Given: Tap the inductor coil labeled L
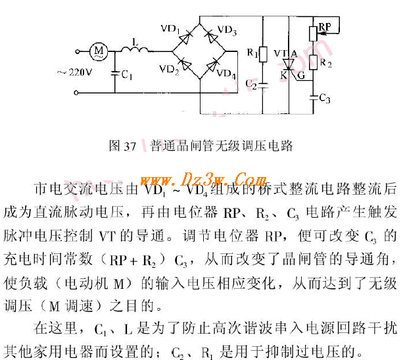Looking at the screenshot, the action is tap(135, 49).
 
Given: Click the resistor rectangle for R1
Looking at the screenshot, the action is tap(263, 53).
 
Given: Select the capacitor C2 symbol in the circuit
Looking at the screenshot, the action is tap(262, 84).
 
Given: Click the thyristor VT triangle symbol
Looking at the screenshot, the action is tap(288, 64).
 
